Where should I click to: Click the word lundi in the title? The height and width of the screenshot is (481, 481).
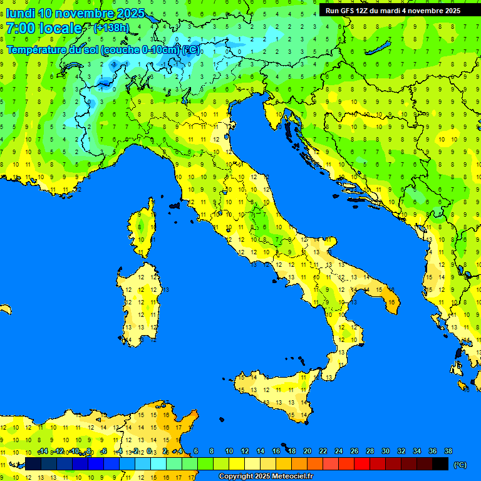pyautogui.click(x=20, y=13)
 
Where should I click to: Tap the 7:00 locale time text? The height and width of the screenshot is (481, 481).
pyautogui.click(x=44, y=28)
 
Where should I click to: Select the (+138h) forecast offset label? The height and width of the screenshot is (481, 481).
pyautogui.click(x=111, y=28)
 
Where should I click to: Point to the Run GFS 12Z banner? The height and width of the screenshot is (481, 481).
pyautogui.click(x=393, y=11)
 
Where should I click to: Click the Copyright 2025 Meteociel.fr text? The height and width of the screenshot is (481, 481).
pyautogui.click(x=265, y=476)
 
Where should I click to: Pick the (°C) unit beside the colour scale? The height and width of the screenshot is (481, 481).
pyautogui.click(x=460, y=465)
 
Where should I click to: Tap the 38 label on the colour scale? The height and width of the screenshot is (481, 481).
pyautogui.click(x=448, y=452)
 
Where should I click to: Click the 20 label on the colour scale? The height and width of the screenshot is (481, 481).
pyautogui.click(x=308, y=452)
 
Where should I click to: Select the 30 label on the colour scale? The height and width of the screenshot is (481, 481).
pyautogui.click(x=386, y=452)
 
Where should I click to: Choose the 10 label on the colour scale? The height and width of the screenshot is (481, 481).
pyautogui.click(x=229, y=452)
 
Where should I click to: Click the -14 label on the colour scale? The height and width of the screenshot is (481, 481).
pyautogui.click(x=43, y=452)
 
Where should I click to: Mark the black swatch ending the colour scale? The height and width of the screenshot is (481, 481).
pyautogui.click(x=440, y=464)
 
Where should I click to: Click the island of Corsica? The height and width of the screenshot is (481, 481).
pyautogui.click(x=143, y=229)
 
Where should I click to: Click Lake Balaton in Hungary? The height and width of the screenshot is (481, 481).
pyautogui.click(x=381, y=48)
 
